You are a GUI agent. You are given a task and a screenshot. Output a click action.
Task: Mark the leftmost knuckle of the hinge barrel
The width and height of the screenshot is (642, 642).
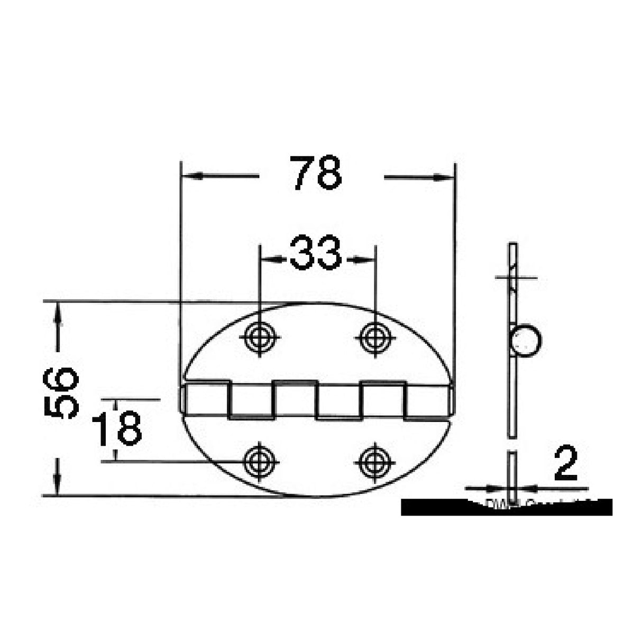205,399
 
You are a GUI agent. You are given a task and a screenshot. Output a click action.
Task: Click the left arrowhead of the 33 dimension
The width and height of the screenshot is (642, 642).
269,259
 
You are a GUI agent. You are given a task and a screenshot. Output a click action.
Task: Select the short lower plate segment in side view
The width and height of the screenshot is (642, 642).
512,471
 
